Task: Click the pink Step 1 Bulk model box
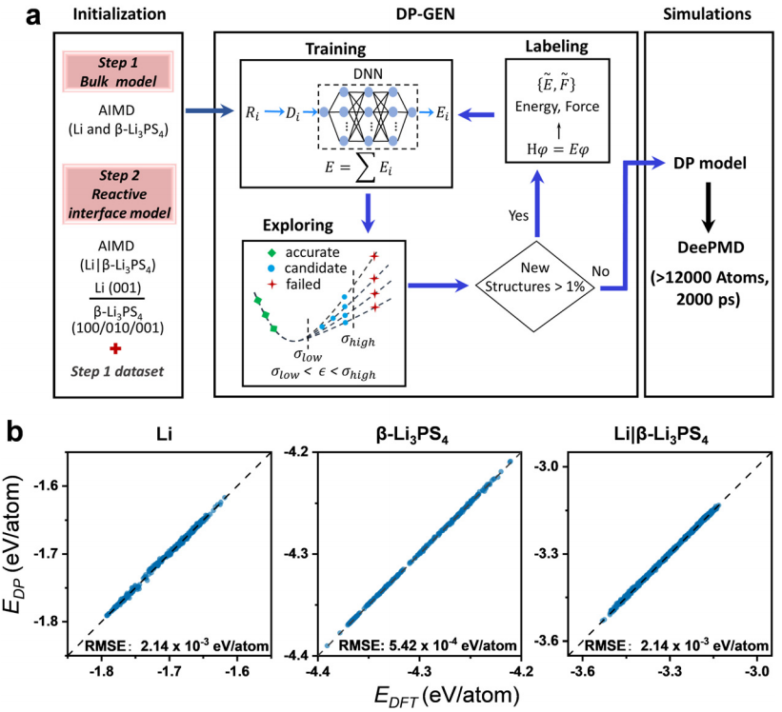(118, 71)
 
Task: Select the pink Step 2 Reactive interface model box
(119, 194)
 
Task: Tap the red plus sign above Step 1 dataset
(115, 348)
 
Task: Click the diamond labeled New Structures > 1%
(534, 287)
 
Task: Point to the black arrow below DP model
(709, 208)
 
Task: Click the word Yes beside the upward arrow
(518, 215)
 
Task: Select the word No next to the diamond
(600, 271)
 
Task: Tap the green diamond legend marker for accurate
(271, 252)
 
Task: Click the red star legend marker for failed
(271, 285)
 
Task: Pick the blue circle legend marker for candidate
(271, 268)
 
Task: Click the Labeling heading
(556, 47)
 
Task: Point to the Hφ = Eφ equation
(557, 149)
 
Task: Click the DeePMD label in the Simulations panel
(711, 247)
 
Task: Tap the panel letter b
(15, 432)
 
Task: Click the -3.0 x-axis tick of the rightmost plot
(757, 672)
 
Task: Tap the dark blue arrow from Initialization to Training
(210, 110)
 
